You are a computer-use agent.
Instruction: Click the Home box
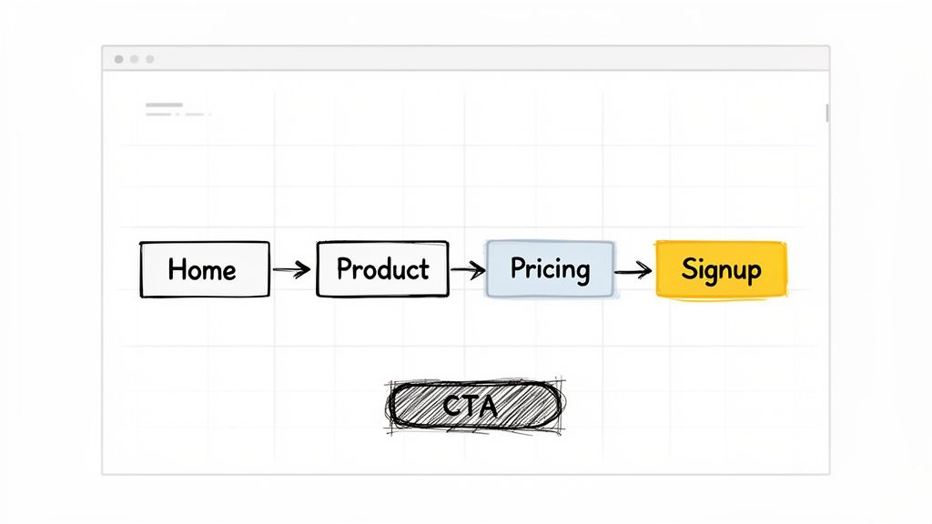(204, 269)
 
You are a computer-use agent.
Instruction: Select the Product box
(382, 269)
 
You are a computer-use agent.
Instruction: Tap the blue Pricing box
(550, 269)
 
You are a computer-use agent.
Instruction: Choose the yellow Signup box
(721, 269)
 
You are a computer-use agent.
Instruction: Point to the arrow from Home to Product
(292, 269)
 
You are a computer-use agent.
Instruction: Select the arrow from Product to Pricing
(467, 269)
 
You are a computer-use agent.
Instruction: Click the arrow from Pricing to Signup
(633, 269)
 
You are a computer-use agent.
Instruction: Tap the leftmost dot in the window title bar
(118, 59)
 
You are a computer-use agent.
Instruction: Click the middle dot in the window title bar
(135, 59)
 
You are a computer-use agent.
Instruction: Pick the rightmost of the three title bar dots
(150, 59)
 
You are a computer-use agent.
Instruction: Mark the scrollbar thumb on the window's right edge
(827, 112)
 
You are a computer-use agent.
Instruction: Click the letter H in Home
(177, 269)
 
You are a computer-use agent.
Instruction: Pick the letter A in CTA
(489, 406)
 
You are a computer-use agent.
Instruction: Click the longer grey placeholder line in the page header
(164, 106)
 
